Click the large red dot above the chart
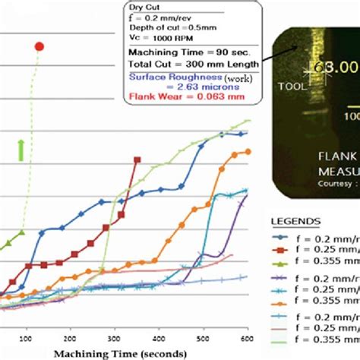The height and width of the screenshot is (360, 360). [39, 46]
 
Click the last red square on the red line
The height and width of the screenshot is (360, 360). [137, 159]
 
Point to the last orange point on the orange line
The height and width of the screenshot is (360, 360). [247, 152]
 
